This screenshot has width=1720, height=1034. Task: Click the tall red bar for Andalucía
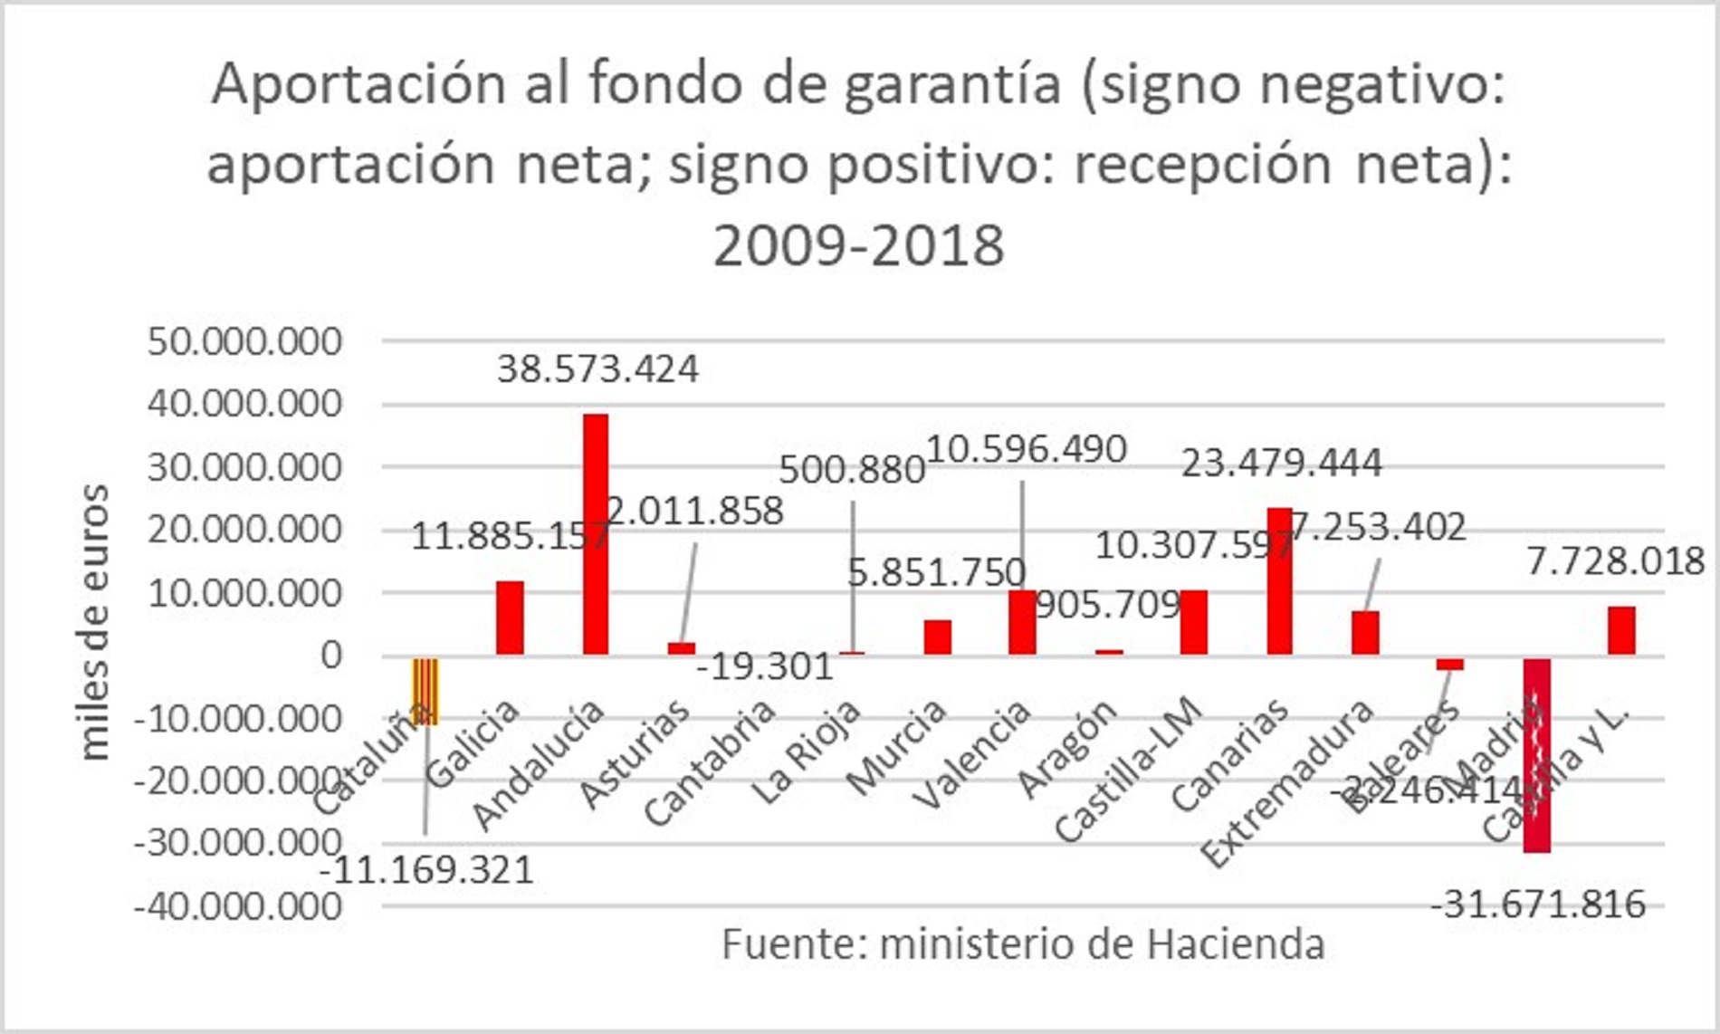pos(596,534)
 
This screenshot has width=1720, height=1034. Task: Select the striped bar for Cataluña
pos(425,691)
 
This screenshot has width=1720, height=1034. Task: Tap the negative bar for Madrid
pos(1536,755)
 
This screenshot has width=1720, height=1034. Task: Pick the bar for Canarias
pos(1279,581)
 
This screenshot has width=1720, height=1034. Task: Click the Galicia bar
pos(510,618)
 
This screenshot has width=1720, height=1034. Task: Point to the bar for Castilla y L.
pos(1621,630)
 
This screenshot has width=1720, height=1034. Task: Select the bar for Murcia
pos(937,637)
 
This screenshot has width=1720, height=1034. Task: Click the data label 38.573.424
pos(597,369)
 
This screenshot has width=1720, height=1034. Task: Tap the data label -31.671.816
pos(1537,904)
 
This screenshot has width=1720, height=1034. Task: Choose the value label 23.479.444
pos(1281,464)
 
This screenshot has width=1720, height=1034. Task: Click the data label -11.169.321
pos(427,870)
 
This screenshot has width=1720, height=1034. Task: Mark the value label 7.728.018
pos(1615,561)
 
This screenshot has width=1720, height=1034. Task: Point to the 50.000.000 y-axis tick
pos(244,341)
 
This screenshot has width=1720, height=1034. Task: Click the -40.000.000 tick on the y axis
pos(238,905)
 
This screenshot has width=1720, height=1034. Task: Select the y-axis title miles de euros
pos(95,622)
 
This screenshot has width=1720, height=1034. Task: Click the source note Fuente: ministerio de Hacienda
pos(1023,944)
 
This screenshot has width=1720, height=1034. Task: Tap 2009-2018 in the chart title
pos(858,245)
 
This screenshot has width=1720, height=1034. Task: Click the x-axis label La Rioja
pos(807,753)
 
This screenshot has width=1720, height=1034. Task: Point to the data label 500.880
pos(851,470)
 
